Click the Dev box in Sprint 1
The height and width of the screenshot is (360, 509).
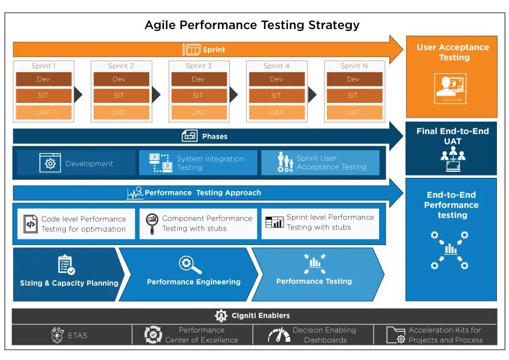44,79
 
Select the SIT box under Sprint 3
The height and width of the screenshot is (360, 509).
199,96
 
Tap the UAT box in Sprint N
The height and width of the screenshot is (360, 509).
353,112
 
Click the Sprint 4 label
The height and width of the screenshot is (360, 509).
276,66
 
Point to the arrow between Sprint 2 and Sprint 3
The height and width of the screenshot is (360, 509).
156,95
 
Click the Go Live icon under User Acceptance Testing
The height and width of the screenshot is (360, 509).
451,88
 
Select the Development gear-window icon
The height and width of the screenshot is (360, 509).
50,163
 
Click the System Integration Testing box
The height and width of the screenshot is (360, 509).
198,163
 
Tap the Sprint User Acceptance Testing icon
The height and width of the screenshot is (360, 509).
285,163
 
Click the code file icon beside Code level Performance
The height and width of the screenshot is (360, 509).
30,224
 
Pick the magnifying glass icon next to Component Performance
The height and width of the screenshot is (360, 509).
152,223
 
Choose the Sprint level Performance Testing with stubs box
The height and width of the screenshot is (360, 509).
320,223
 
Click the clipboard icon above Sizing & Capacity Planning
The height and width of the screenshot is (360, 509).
65,264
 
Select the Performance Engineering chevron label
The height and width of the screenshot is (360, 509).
193,281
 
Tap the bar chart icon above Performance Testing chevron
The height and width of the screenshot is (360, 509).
314,263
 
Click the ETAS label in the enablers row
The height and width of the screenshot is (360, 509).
77,335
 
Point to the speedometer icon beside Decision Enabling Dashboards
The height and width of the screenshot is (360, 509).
279,335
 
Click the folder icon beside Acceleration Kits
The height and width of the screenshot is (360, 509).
395,335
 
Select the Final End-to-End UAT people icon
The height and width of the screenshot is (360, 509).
452,159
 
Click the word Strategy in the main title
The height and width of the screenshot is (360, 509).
334,25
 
